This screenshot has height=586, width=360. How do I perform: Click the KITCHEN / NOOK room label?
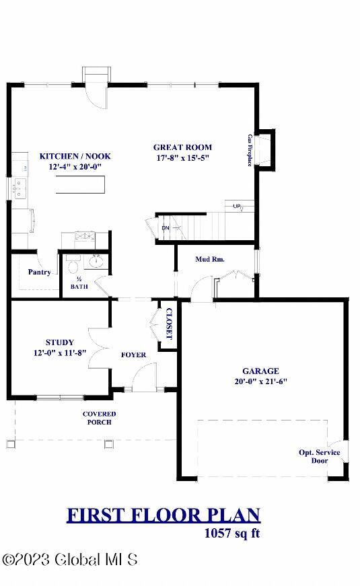coord(75,156)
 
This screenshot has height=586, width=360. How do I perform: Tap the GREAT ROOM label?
coord(182,147)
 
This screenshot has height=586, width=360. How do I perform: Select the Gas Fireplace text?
coord(250,150)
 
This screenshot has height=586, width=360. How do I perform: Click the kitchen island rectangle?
coord(81,184)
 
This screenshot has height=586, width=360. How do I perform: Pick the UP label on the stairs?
coord(237,206)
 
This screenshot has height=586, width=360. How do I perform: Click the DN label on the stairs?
coord(166,228)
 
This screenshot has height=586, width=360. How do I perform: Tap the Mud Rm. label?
coord(210,259)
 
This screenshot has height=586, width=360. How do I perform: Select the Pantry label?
coord(40,272)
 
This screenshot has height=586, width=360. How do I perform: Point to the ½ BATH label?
coord(79,283)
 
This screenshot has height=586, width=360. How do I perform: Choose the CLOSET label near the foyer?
coord(169,325)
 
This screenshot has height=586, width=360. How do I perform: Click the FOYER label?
coord(133,355)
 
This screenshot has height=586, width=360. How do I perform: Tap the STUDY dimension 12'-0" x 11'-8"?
coord(60,353)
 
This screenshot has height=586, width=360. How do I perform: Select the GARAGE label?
coord(260,371)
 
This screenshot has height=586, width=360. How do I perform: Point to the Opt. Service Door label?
coord(320,456)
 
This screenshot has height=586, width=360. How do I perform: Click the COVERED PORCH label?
coord(99,418)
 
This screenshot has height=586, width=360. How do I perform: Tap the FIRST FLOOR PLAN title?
coord(163,515)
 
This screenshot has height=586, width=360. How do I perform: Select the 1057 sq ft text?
coord(231,534)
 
